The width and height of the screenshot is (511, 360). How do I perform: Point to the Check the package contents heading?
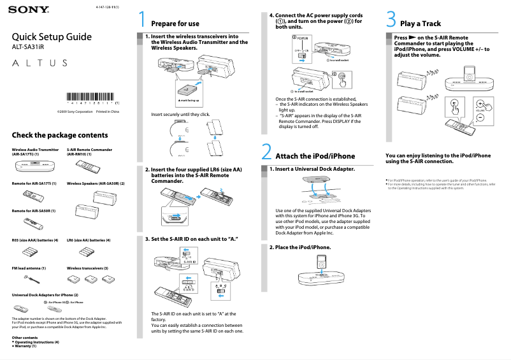point(60,135)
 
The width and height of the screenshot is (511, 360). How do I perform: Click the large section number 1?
point(143,21)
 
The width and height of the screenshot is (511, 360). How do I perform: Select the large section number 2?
point(267,154)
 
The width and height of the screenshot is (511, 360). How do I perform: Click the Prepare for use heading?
point(175,24)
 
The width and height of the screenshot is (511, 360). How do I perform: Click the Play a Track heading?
point(420,24)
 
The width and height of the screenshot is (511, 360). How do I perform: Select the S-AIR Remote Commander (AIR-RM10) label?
point(89,152)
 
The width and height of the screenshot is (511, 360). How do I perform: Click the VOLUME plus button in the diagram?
point(479,103)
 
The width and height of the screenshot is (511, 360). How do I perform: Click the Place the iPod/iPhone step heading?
point(300,247)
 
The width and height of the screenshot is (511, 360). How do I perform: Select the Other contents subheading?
point(25,337)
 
